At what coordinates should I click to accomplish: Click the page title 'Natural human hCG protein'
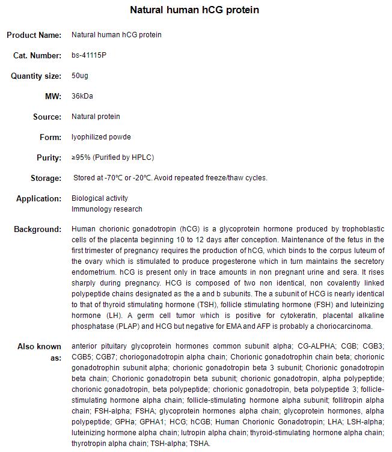195,10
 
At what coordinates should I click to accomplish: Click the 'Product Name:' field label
34,35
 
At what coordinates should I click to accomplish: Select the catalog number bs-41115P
90,55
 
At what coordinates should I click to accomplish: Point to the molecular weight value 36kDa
82,96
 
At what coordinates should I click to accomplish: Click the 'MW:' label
52,96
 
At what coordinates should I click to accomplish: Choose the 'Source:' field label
47,117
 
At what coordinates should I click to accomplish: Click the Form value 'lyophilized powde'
101,137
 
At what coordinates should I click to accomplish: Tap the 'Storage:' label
46,178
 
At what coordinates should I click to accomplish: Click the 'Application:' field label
38,198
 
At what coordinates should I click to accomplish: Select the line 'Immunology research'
107,209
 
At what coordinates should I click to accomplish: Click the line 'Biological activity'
100,198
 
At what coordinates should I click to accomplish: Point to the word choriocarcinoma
345,326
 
